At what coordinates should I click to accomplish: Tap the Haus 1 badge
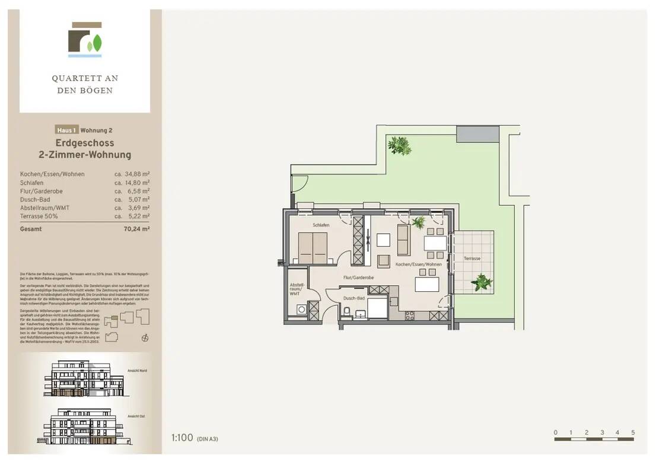click(66, 130)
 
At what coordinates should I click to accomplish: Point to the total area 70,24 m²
click(136, 228)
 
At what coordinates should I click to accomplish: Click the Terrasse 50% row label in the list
click(40, 218)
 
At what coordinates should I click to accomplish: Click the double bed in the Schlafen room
click(312, 247)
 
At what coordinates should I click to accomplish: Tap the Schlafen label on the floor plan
click(321, 225)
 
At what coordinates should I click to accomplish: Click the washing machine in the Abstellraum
click(301, 309)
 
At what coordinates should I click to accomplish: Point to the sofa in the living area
click(403, 240)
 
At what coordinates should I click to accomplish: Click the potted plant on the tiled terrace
click(482, 282)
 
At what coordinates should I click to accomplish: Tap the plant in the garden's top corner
click(399, 145)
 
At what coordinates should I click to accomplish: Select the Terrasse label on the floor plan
click(472, 259)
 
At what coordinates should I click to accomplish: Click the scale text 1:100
click(182, 438)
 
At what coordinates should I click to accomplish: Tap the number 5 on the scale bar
click(633, 432)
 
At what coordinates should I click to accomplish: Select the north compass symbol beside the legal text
click(144, 338)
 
